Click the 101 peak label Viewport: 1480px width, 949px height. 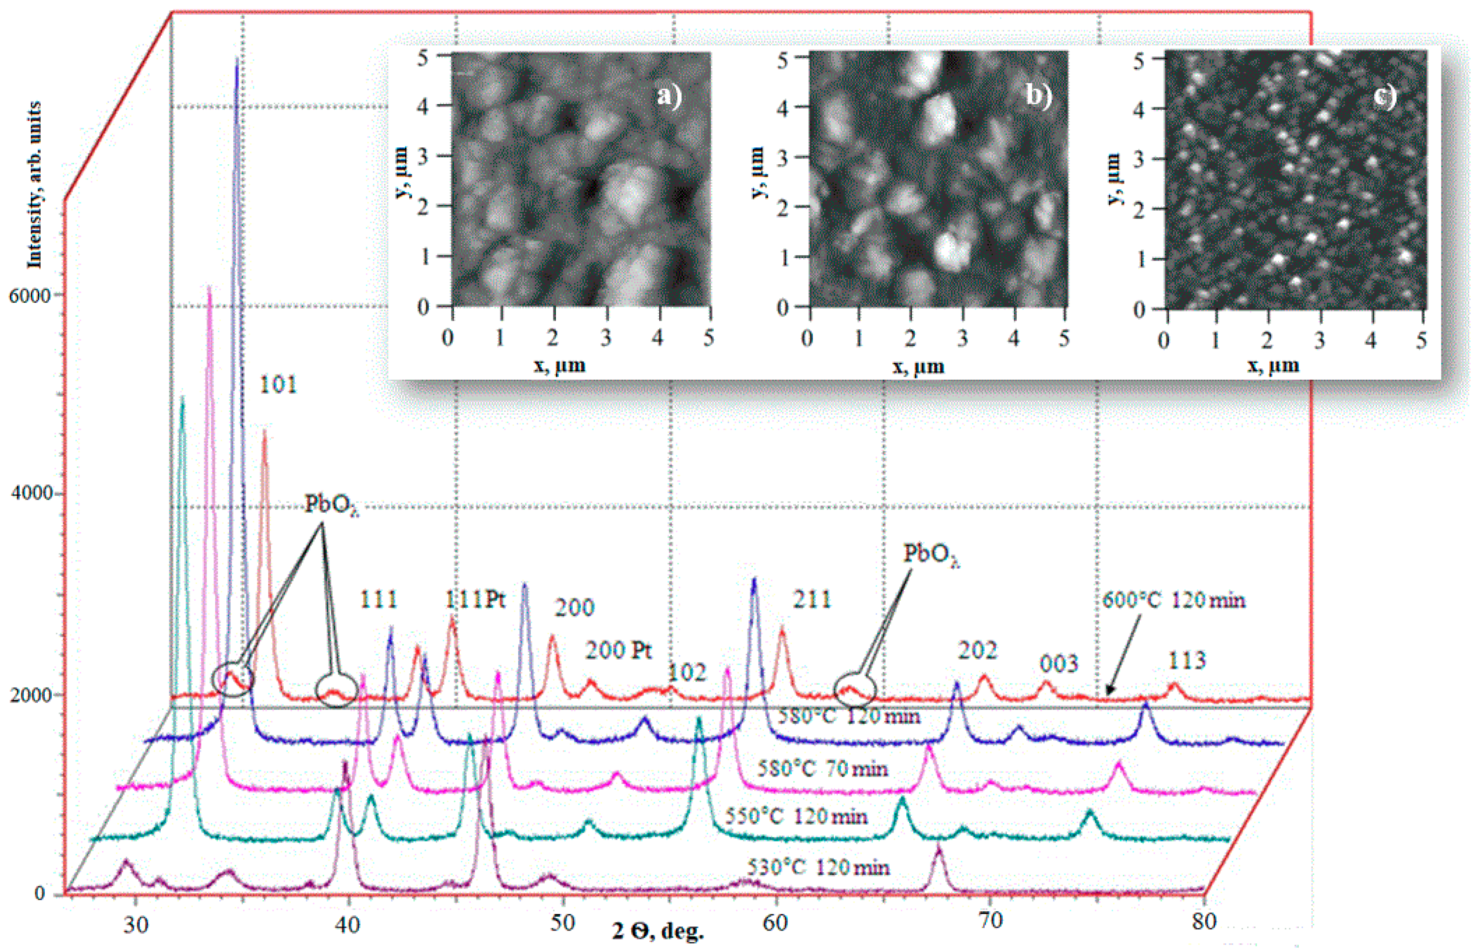click(278, 385)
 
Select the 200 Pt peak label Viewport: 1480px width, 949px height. click(618, 651)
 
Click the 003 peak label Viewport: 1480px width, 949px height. click(1059, 664)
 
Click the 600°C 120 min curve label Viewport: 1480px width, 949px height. click(1174, 600)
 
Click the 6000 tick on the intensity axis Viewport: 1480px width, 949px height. click(30, 296)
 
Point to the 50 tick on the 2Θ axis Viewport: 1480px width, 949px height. click(562, 922)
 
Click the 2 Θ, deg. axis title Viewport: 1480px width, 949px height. click(658, 931)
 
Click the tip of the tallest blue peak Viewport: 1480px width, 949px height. click(237, 59)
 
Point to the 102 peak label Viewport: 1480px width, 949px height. click(687, 673)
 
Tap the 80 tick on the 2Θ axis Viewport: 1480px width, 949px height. click(1204, 921)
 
